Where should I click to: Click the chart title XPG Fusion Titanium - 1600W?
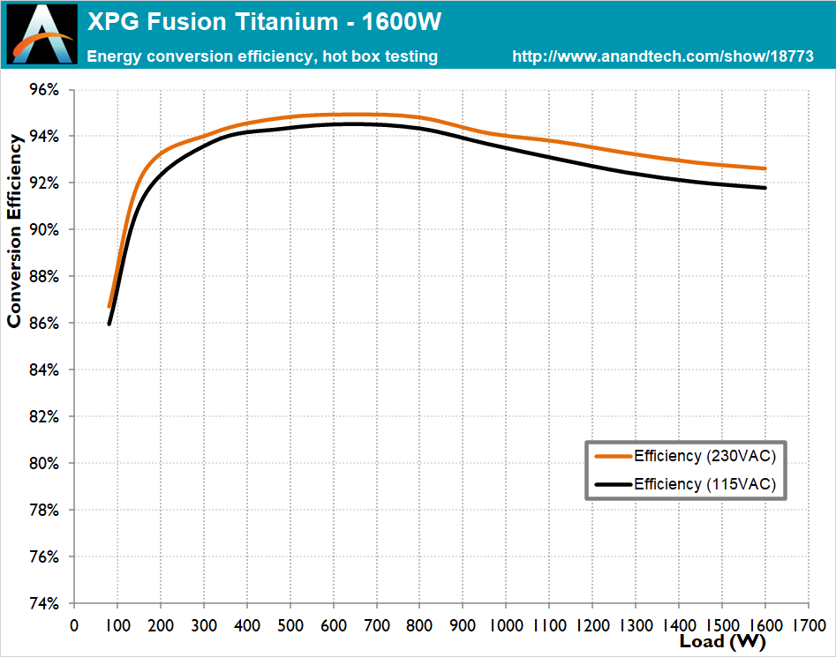pyautogui.click(x=264, y=21)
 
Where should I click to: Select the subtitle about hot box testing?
pyautogui.click(x=262, y=56)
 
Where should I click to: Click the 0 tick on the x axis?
pyautogui.click(x=73, y=624)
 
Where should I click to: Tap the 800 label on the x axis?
pyautogui.click(x=419, y=624)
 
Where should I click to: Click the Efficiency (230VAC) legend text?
pyautogui.click(x=704, y=456)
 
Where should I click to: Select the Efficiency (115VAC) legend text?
pyautogui.click(x=704, y=484)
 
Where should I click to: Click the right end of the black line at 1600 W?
pyautogui.click(x=764, y=188)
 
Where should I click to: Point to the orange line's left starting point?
pyautogui.click(x=109, y=306)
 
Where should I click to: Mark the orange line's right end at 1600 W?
pyautogui.click(x=764, y=168)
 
